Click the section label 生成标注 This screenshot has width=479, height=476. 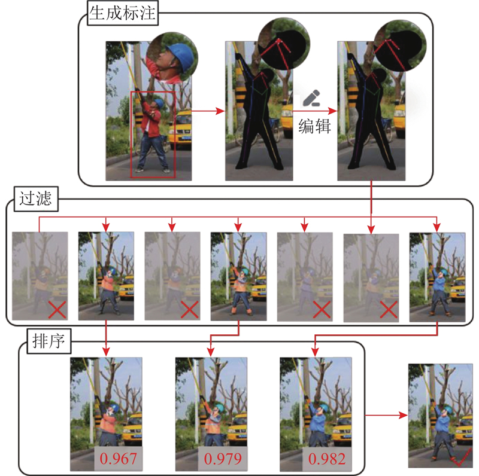tap(123, 13)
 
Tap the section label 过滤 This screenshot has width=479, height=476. tap(36, 199)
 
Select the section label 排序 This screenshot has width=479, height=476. tap(48, 341)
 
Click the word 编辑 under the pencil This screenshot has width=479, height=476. tap(315, 126)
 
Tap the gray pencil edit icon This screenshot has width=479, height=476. tap(311, 98)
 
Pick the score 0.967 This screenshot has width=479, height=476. tap(118, 459)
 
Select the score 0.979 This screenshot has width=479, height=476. tap(223, 459)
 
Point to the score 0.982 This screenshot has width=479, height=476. tap(327, 459)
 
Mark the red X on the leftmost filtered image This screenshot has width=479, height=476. tap(57, 310)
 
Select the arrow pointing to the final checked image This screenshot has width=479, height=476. tap(386, 415)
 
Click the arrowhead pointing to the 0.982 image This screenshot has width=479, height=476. tap(316, 352)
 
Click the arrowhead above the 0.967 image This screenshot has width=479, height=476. tap(106, 352)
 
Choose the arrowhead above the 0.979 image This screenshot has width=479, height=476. tap(211, 352)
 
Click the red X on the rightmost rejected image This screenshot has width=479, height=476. tap(388, 310)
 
